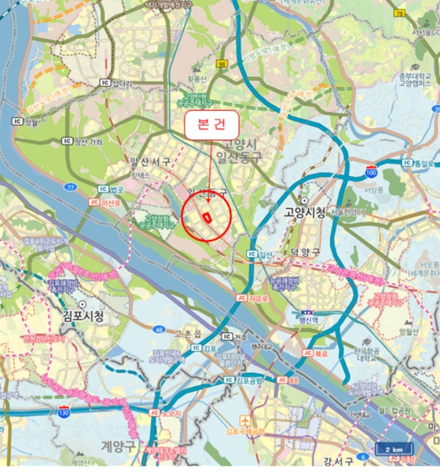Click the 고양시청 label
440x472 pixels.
(301, 213)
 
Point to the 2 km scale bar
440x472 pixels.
(394, 449)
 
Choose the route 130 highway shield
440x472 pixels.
(64, 409)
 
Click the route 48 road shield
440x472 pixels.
(160, 330)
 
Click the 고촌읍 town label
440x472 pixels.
(189, 334)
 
